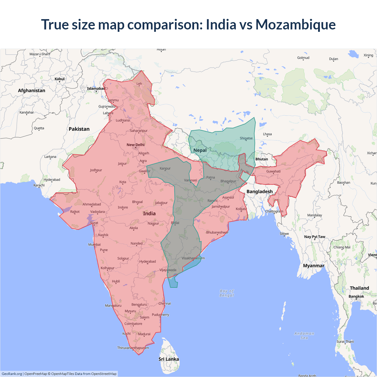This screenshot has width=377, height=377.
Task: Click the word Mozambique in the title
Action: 295,24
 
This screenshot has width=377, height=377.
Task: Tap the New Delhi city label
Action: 135,145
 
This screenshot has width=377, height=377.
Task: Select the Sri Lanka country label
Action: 169,359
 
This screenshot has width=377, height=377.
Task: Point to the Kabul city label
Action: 59,79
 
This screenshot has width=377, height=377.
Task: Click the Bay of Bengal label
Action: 226,293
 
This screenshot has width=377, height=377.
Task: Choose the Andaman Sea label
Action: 304,335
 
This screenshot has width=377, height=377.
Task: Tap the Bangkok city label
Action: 356,296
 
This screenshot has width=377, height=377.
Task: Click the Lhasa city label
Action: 267,134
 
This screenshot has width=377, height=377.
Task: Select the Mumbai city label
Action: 94,244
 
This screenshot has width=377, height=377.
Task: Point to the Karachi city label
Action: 39,185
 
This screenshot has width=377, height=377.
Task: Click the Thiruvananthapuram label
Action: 133,348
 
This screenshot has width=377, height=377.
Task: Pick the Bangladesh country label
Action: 259,191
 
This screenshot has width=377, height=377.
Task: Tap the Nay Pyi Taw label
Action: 315,237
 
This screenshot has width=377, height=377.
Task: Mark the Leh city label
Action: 139,84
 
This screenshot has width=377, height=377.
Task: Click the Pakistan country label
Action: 79,129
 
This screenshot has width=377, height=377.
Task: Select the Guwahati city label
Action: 273,171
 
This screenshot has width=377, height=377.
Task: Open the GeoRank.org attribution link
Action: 12,374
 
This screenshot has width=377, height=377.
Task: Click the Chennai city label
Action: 165,303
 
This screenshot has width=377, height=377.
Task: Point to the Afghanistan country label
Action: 32,90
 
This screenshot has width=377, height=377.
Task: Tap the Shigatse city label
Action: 246,138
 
